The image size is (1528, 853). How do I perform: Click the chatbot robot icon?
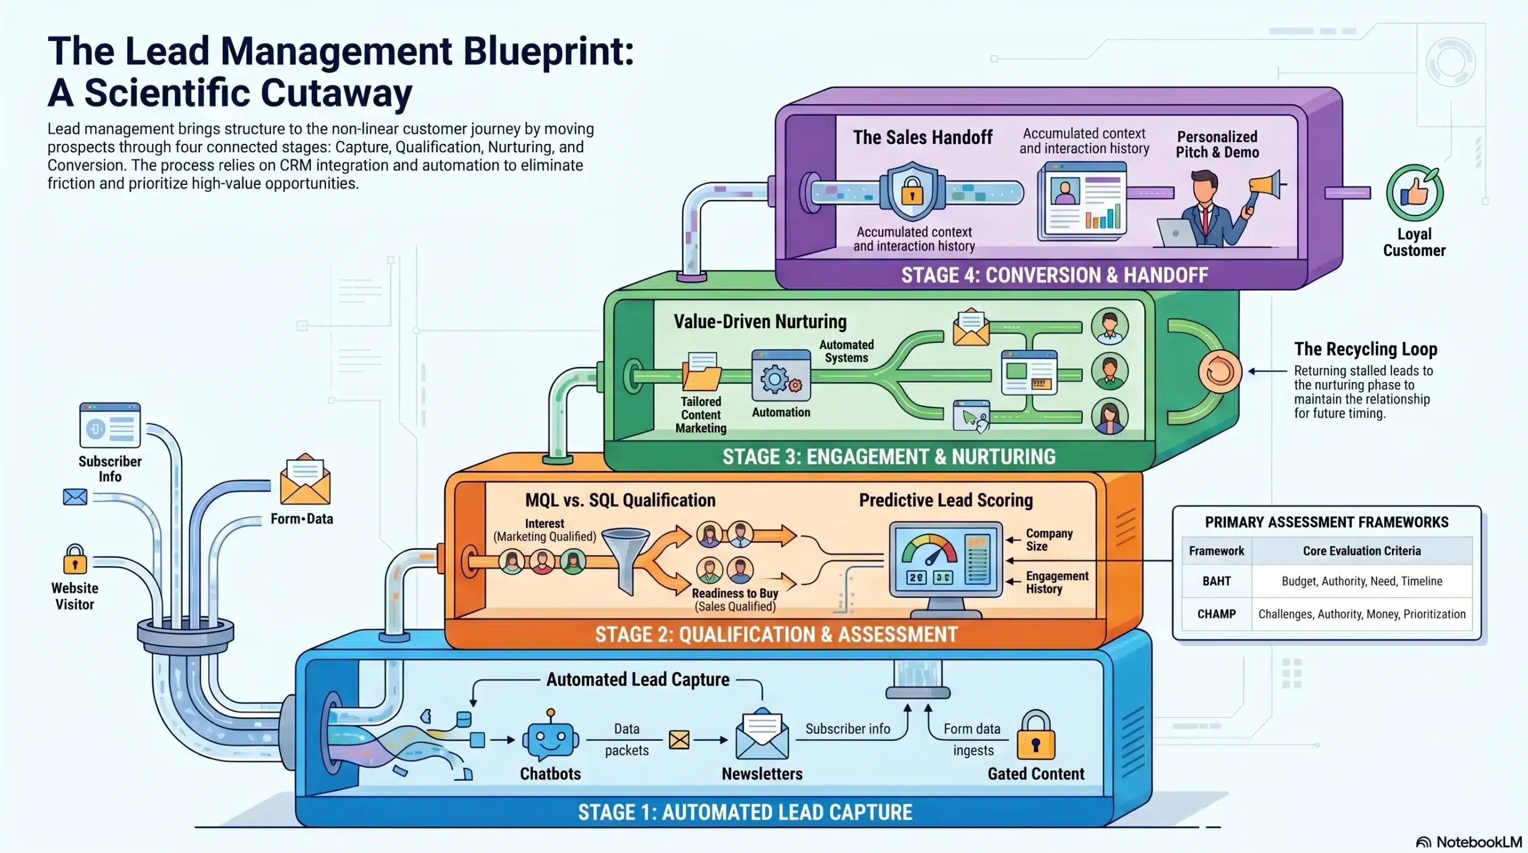pos(550,738)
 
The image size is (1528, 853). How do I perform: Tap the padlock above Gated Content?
pos(1036,736)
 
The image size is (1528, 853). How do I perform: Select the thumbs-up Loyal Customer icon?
pos(1415,193)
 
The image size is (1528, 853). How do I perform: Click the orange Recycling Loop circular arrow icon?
pos(1219,372)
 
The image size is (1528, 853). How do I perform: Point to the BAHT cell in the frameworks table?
pos(1216,581)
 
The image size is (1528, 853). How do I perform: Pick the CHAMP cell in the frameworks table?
pos(1216,614)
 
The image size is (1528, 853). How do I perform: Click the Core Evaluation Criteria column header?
pos(1361,550)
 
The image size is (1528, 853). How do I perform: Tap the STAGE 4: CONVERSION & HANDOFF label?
pos(1054,275)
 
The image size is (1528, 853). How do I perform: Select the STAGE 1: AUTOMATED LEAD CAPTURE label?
pos(745,812)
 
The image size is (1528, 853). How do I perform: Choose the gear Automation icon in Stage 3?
pos(781,377)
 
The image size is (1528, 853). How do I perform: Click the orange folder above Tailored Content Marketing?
pos(702,372)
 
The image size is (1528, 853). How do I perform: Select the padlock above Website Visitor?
pos(75,559)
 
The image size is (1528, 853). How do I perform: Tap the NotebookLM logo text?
pos(1478,842)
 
